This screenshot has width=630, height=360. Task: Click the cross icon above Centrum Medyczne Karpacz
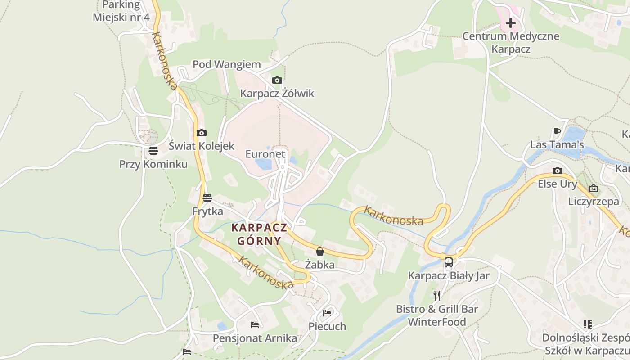pyautogui.click(x=511, y=22)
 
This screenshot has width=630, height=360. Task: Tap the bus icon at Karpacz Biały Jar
pyautogui.click(x=449, y=262)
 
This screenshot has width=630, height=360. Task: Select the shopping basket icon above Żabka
pyautogui.click(x=320, y=251)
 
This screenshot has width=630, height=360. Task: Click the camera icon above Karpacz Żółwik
pyautogui.click(x=277, y=80)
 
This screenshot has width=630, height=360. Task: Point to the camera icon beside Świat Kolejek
pyautogui.click(x=202, y=133)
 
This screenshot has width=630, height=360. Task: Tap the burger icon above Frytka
pyautogui.click(x=207, y=198)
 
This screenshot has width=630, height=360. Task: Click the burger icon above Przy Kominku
pyautogui.click(x=153, y=151)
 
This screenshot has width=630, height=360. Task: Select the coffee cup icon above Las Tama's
pyautogui.click(x=557, y=131)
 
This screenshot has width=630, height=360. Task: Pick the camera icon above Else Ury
pyautogui.click(x=558, y=171)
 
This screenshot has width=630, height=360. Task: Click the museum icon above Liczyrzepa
pyautogui.click(x=594, y=188)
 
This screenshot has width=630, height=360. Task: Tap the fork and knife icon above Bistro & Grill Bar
pyautogui.click(x=437, y=295)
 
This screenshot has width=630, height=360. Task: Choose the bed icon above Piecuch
pyautogui.click(x=327, y=313)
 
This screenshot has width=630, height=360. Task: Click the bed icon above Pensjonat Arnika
pyautogui.click(x=255, y=324)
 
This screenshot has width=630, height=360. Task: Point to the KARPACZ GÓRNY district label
pyautogui.click(x=259, y=234)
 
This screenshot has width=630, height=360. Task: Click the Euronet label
pyautogui.click(x=265, y=154)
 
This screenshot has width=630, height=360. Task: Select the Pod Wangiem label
pyautogui.click(x=227, y=64)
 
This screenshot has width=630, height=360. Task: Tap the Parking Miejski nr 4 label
pyautogui.click(x=121, y=11)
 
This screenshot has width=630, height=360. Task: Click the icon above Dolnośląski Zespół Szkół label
pyautogui.click(x=587, y=324)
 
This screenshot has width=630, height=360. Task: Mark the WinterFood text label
pyautogui.click(x=436, y=322)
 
